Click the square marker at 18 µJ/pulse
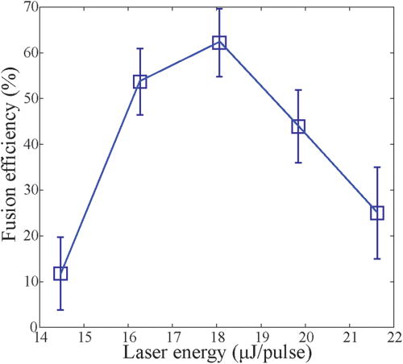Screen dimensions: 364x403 [219, 43]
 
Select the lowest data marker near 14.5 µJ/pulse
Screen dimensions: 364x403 [60, 274]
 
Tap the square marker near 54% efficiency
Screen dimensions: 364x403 [139, 81]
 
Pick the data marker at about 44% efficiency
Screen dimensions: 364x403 [298, 126]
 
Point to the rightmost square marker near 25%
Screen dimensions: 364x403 [377, 213]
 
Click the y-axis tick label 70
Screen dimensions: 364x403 [31, 7]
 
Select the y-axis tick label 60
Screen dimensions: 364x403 [31, 52]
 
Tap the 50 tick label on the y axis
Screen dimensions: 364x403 [31, 98]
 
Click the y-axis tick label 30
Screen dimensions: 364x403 [31, 190]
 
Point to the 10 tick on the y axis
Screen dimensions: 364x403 [31, 282]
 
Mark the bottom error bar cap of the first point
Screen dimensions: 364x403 [60, 310]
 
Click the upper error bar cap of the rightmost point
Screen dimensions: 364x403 [377, 167]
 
